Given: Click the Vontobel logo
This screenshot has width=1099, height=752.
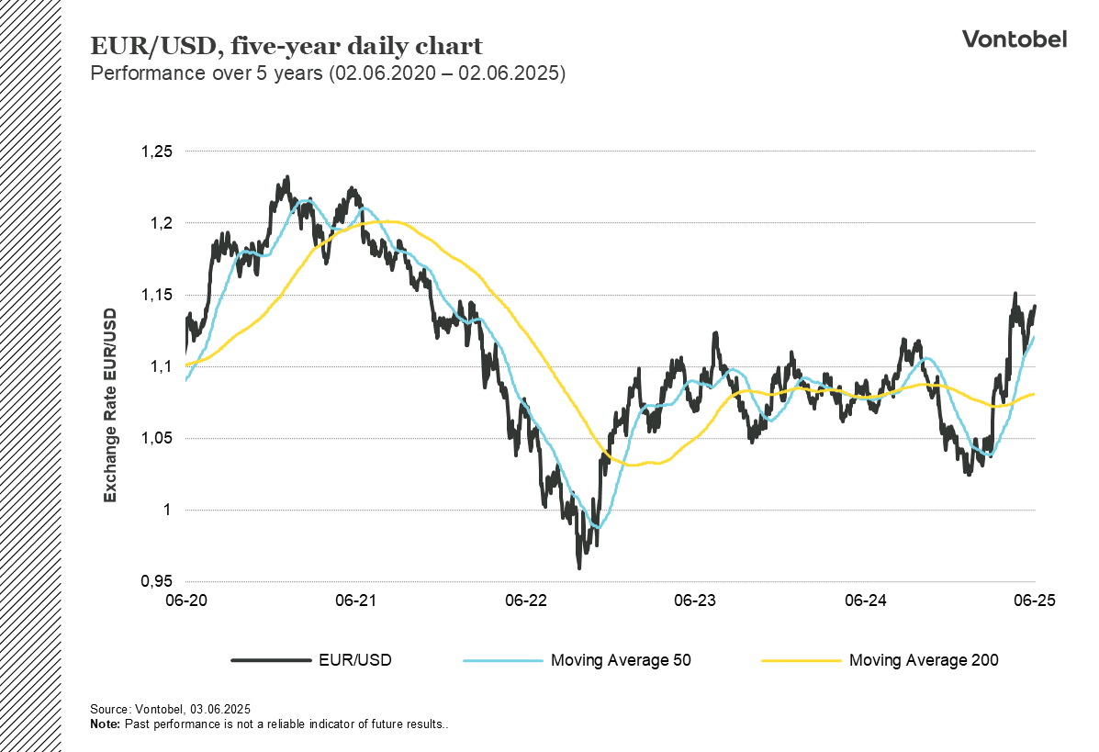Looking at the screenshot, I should point(1014,39).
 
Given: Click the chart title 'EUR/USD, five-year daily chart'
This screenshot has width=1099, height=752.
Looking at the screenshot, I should point(286,46).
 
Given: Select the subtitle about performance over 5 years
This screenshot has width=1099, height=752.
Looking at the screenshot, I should point(328,73).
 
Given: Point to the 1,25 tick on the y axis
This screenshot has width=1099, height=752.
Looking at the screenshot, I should point(158,152).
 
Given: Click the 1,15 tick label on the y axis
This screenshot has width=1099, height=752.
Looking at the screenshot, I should point(158,295).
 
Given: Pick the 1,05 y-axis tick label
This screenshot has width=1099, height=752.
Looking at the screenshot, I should point(158,438).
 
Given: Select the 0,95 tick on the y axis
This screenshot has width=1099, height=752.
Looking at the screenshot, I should point(158,581).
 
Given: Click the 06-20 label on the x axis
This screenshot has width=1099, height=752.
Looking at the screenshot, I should point(185,600).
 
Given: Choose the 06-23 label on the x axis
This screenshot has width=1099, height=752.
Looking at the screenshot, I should point(695,600).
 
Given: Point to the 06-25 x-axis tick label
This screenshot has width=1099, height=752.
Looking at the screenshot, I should point(1035,600).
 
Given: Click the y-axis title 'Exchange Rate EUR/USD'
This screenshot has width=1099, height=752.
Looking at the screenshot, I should point(110,405).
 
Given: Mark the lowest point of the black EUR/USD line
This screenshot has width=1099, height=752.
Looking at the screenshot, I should point(579,568).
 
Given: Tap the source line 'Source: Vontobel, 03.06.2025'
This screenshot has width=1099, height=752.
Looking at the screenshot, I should point(170,710).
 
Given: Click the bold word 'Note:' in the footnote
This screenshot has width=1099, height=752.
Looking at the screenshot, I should point(105,724).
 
